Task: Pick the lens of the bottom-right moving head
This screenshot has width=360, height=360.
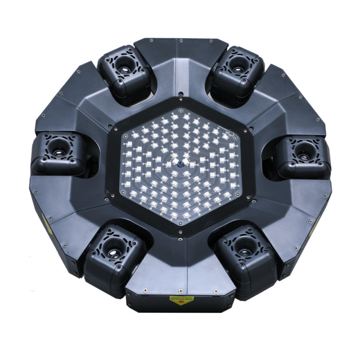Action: point(245,246)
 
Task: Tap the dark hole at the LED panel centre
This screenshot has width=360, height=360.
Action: point(179,164)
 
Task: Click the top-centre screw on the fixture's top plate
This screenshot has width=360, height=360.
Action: point(179,40)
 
